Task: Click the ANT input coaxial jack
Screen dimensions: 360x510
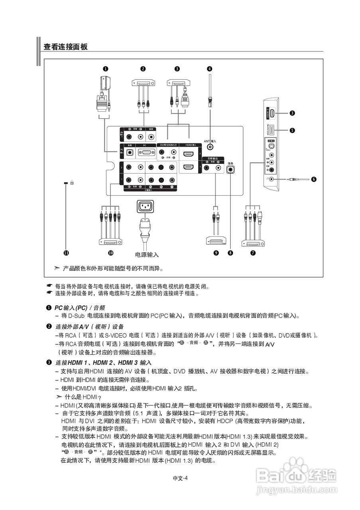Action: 210,147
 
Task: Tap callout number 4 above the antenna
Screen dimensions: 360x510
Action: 210,68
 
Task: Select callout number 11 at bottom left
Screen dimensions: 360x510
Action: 66,253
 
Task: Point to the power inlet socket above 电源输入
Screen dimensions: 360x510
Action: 145,206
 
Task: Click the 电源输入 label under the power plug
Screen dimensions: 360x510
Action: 147,254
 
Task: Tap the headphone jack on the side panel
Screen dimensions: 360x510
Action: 272,178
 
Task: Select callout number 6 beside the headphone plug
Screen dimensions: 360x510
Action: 314,179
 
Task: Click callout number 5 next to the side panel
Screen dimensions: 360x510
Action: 292,130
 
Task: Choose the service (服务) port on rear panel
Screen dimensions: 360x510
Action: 230,169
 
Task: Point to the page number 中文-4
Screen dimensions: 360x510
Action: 180,479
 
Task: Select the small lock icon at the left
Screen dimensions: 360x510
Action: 72,182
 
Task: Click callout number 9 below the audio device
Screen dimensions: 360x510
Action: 216,253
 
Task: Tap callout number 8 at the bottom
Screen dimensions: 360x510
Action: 230,253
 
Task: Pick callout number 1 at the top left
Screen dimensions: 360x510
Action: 105,68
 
